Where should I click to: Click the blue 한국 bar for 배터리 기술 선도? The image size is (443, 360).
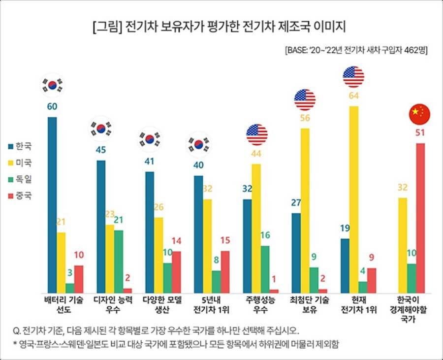tap(52, 205)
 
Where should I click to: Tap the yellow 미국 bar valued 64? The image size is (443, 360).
tap(353, 199)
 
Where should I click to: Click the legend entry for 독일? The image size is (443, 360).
tap(20, 179)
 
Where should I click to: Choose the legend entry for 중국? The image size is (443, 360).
tap(20, 195)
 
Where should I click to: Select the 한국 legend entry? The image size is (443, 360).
tap(20, 146)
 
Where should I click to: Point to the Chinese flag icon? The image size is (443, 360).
tap(419, 114)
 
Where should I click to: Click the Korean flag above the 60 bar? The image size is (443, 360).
tap(52, 85)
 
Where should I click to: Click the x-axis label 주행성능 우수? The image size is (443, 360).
tap(256, 305)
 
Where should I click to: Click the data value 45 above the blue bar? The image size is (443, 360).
tap(100, 151)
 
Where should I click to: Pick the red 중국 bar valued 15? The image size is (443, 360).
tap(225, 272)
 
